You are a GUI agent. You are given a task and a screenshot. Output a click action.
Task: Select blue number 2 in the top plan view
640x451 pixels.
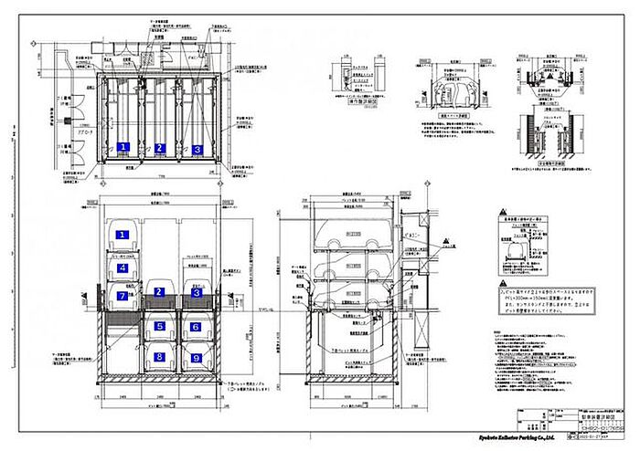159,148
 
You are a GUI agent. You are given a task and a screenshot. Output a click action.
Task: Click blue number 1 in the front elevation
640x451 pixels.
120,236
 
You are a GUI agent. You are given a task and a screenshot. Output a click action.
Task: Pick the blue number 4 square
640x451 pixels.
120,268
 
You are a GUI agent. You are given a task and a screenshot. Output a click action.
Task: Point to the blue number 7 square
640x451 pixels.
120,295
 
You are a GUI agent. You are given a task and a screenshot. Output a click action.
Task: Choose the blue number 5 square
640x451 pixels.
159,326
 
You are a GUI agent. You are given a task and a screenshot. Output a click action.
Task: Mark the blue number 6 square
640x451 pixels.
195,326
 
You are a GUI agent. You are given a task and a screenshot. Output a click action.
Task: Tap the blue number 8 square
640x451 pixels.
159,357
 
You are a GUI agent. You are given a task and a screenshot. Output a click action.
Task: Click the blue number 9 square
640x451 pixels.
195,357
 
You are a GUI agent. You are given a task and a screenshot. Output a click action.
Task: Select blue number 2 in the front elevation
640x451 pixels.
158,292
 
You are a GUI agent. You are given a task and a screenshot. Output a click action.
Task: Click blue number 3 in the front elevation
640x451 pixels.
195,292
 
